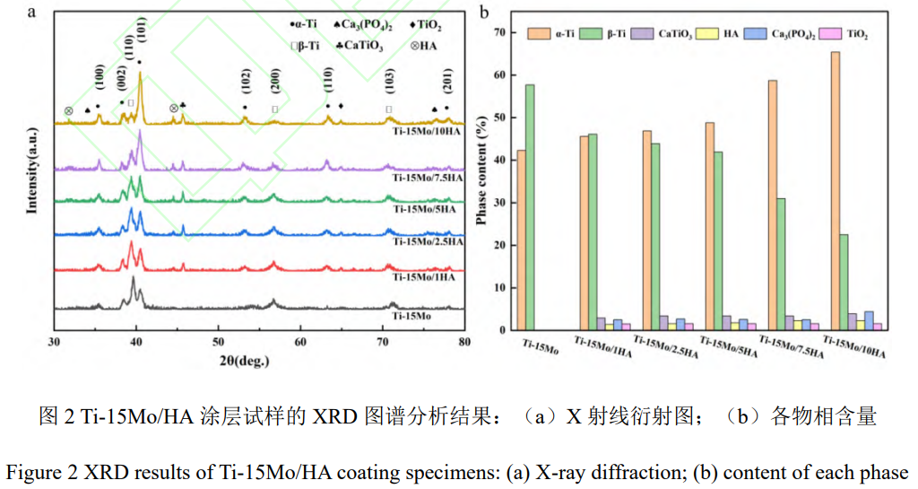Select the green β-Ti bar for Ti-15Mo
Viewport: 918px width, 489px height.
point(530,207)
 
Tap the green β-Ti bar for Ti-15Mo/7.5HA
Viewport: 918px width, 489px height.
point(782,264)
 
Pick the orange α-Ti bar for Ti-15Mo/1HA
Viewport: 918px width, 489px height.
point(584,232)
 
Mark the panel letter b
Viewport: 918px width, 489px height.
point(485,13)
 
